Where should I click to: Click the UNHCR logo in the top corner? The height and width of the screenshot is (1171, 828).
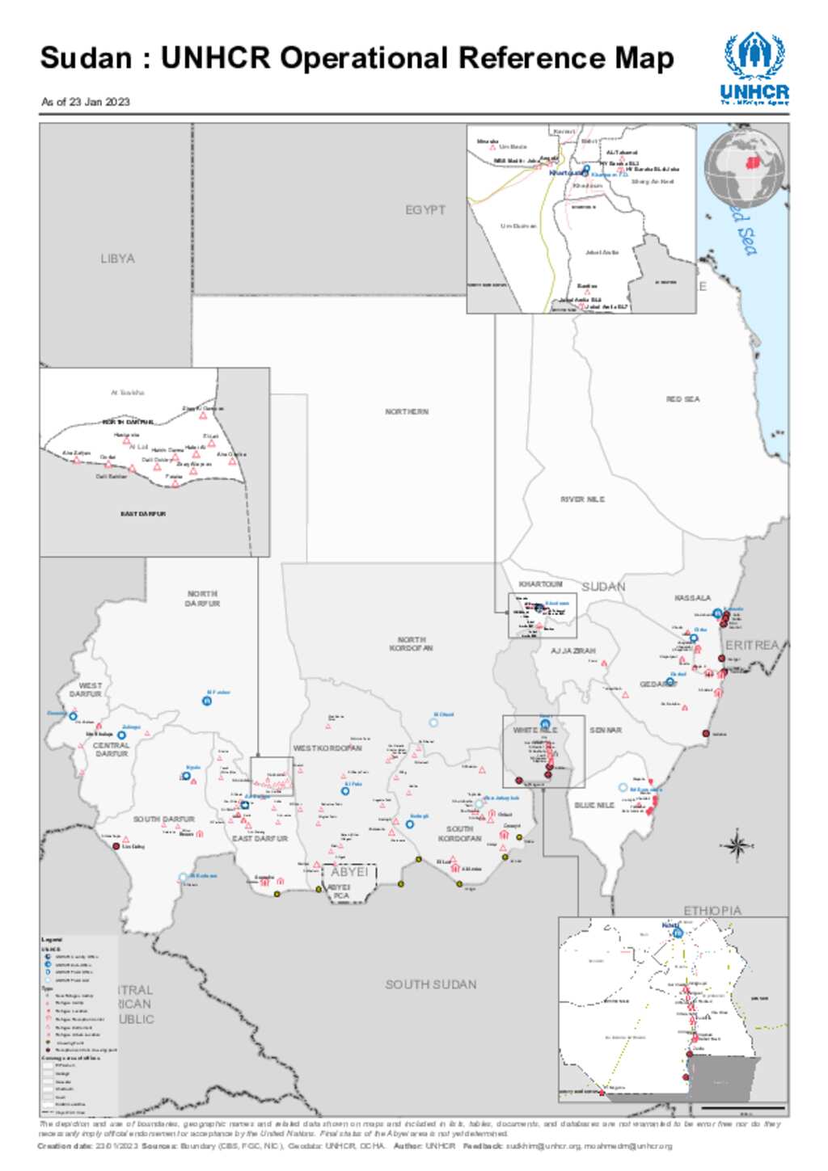tap(754, 68)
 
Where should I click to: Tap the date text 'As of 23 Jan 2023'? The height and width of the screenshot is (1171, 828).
tap(86, 102)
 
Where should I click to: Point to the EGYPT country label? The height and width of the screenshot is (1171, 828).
tap(425, 210)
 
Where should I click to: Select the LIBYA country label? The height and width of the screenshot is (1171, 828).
tap(117, 259)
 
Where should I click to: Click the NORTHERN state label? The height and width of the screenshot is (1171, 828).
tap(407, 412)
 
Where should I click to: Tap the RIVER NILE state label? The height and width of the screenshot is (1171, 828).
tap(582, 499)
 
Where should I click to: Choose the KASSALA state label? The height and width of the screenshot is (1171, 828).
tap(692, 598)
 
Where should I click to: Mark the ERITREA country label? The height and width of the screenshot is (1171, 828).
tap(752, 645)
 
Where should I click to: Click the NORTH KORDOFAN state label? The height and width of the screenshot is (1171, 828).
tap(411, 644)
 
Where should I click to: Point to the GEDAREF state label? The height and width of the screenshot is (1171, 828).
tap(657, 684)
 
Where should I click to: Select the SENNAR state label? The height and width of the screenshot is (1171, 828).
tap(606, 731)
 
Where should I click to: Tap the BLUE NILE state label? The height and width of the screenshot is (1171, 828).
tap(594, 806)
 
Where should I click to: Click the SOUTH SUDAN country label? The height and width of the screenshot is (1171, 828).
tap(430, 984)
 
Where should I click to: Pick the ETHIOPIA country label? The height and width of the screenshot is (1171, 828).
tap(712, 911)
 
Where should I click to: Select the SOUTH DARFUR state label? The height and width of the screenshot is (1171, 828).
tap(163, 819)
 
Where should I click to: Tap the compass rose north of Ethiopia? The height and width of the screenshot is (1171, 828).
tap(737, 846)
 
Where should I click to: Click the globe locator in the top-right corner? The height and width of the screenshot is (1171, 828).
tap(744, 169)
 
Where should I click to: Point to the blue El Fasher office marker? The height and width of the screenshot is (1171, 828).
tap(207, 701)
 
